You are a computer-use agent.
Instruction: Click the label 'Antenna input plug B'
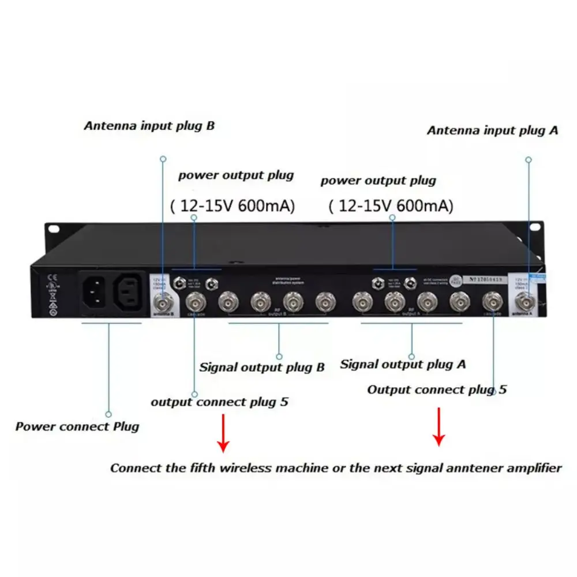[x=149, y=126]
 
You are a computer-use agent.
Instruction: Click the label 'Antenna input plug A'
[x=492, y=130]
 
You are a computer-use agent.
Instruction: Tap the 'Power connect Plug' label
[x=77, y=427]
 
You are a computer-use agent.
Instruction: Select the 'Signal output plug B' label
[x=262, y=367]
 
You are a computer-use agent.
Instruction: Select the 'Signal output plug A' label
[x=403, y=364]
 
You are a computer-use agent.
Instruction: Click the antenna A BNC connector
[x=526, y=299]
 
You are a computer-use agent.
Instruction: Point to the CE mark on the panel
[x=51, y=275]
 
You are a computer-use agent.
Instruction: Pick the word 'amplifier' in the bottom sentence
[x=534, y=468]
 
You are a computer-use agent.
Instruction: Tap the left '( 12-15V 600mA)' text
[x=233, y=205]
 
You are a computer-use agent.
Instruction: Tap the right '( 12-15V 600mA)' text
[x=391, y=205]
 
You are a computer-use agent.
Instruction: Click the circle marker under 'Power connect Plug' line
[x=108, y=414]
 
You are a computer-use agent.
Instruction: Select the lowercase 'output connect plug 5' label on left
[x=219, y=402]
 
